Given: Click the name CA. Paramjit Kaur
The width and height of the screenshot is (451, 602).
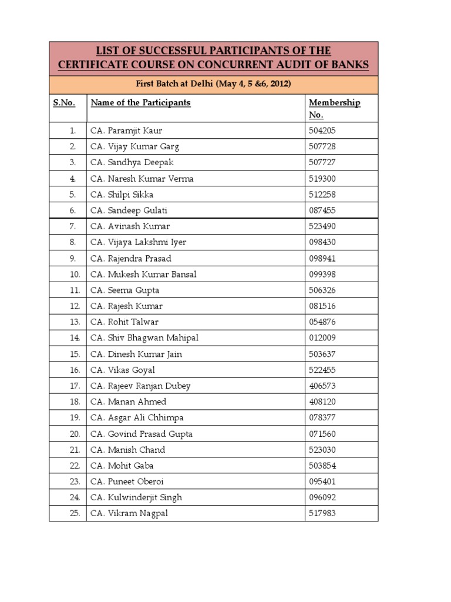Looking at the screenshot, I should point(126,131).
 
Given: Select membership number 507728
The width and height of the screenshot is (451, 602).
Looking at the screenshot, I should point(322,146).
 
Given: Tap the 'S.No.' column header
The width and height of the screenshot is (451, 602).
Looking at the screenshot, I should point(64,102).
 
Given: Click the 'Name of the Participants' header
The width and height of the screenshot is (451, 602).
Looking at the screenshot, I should point(140,102).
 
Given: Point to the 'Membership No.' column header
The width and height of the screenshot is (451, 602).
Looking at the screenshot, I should point(334,108).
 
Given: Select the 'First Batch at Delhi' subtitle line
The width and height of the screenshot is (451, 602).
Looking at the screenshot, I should point(214,84).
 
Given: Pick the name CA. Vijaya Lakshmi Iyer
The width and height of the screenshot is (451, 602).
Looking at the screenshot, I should point(138,242).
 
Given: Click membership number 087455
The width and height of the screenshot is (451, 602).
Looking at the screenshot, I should point(322,210).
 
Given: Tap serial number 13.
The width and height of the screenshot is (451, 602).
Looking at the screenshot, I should point(74,322).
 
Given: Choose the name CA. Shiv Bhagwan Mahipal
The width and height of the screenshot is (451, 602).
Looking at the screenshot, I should point(144,338).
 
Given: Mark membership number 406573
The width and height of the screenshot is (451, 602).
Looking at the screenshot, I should point(322,386).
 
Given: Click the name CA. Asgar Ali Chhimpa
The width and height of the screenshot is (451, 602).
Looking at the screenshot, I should point(137,418).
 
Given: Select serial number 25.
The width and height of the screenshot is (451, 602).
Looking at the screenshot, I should point(74,514).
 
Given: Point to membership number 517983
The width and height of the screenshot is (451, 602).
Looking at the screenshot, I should point(322,514).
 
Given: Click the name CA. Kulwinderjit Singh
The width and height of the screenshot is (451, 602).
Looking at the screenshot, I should point(136,497).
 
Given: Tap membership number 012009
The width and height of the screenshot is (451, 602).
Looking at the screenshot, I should point(322,338).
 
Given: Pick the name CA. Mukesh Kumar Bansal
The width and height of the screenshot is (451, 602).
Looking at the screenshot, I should point(143,275).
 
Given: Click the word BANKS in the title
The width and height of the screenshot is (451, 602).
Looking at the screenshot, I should point(345,65).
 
